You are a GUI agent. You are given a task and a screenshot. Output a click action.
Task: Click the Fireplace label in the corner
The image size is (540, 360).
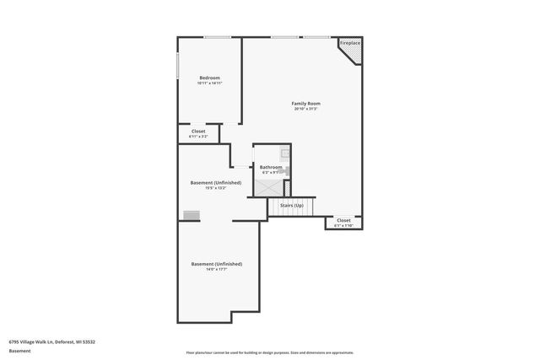(x=350, y=43)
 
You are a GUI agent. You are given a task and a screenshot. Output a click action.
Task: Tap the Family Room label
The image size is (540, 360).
(x=306, y=104)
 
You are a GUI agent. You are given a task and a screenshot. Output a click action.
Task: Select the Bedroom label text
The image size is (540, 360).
(x=209, y=78)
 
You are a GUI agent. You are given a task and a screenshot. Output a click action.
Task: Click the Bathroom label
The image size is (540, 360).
(x=271, y=167)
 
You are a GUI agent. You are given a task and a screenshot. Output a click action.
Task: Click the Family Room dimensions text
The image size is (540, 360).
(x=306, y=110)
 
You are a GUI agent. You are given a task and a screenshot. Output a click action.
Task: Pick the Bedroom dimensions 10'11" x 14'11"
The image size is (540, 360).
(x=209, y=83)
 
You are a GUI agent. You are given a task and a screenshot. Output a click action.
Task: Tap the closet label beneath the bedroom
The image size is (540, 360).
(x=198, y=131)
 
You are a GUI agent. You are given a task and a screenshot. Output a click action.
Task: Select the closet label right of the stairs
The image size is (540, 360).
(x=343, y=220)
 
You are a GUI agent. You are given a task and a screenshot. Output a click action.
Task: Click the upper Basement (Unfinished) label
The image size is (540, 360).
(x=216, y=182)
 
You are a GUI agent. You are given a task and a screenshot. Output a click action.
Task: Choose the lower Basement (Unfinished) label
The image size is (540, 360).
(x=216, y=264)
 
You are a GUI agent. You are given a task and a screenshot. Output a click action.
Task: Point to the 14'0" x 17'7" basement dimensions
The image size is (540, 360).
(x=216, y=270)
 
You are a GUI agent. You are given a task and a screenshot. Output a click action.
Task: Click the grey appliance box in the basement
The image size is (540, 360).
(x=192, y=215)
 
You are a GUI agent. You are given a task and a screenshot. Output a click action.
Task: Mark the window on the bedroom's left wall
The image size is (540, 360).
(x=177, y=65)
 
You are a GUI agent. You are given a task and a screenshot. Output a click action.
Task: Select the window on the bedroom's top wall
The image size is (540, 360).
(x=219, y=37)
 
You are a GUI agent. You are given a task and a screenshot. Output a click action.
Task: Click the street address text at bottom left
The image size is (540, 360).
(x=51, y=341)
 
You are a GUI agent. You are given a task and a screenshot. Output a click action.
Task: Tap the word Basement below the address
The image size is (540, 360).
(x=19, y=351)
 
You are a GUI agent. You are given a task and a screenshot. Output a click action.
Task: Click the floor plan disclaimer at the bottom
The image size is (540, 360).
(x=269, y=352)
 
